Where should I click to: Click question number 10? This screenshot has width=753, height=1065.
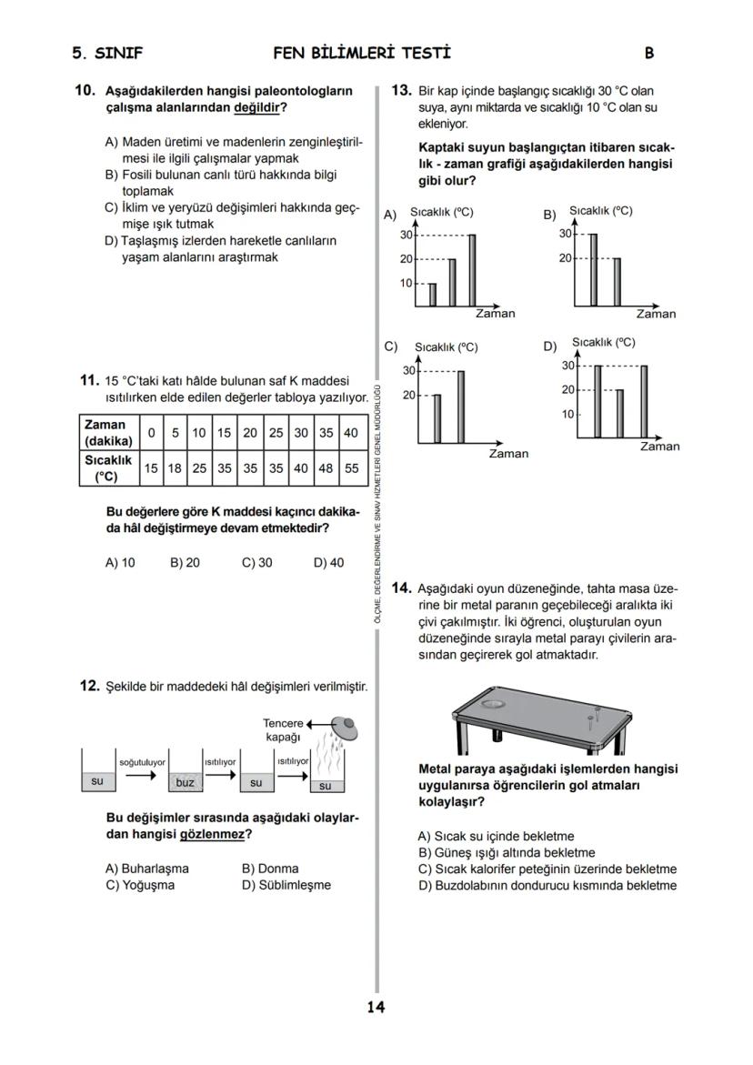point(85,91)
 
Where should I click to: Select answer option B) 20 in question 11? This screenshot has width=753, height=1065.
point(185,563)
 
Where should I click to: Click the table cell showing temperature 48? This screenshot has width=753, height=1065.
point(326,467)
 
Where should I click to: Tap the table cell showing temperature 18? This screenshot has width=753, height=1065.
point(175,467)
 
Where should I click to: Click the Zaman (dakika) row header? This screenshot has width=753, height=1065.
point(107,433)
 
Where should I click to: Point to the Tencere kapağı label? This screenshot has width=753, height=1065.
point(283,730)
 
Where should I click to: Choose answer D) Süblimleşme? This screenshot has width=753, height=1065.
point(286,885)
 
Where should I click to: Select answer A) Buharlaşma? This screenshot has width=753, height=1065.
point(146,869)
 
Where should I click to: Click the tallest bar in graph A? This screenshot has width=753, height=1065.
point(472,270)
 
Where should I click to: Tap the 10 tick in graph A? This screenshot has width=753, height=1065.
point(407,283)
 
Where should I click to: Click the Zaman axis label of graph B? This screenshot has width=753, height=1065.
point(656,315)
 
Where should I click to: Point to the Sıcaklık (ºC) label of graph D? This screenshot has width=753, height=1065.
point(604,343)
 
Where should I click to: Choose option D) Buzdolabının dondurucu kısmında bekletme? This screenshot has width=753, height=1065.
point(547,885)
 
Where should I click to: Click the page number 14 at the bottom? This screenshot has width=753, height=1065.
point(376,1007)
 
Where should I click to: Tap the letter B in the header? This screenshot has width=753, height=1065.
point(649,53)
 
